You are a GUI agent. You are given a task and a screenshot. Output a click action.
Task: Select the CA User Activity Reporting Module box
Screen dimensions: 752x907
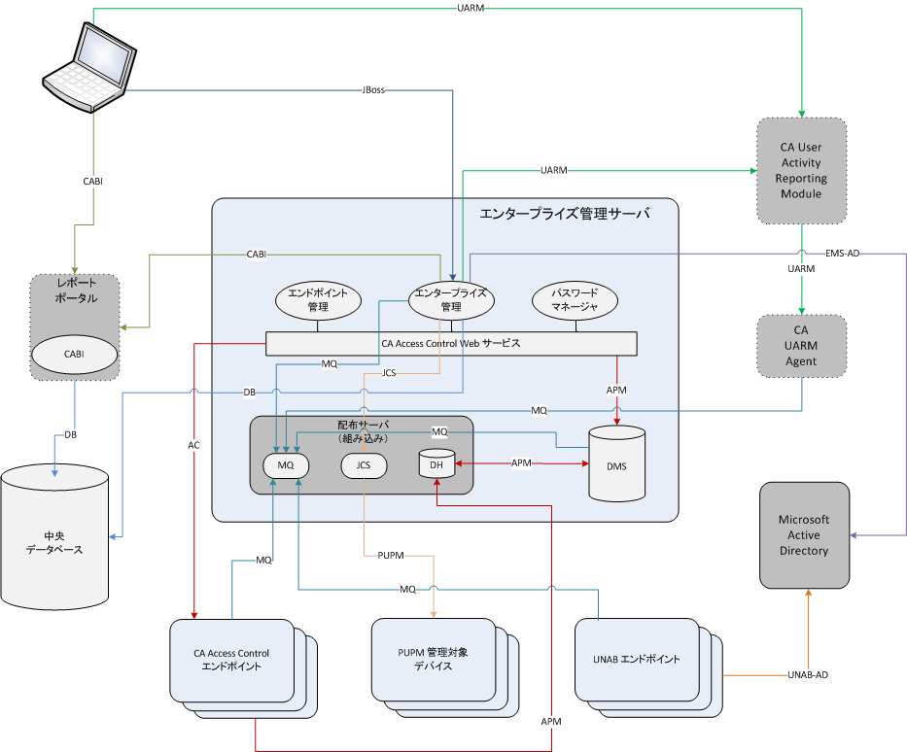click(x=801, y=171)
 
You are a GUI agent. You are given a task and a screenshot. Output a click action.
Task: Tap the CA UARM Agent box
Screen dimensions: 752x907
click(x=801, y=345)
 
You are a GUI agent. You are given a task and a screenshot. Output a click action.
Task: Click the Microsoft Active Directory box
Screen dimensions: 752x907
click(x=803, y=534)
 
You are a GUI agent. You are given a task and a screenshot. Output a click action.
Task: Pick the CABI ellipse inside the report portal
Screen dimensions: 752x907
click(x=75, y=355)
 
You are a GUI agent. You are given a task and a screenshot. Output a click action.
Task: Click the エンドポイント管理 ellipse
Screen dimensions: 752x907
click(x=318, y=299)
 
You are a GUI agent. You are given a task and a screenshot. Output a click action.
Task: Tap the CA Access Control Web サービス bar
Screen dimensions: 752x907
click(x=451, y=343)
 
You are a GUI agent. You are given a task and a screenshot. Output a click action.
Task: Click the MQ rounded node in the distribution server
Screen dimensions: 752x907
click(x=286, y=466)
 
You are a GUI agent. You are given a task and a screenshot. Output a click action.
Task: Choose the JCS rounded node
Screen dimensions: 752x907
click(x=364, y=466)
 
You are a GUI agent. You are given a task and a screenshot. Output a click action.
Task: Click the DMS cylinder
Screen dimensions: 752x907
click(x=616, y=464)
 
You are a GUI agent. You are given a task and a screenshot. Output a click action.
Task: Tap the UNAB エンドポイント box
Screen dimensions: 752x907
click(x=637, y=659)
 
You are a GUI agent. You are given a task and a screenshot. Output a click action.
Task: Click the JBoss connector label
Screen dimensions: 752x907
click(x=373, y=90)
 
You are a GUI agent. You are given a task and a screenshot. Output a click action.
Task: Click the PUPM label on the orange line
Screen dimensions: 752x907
click(x=388, y=555)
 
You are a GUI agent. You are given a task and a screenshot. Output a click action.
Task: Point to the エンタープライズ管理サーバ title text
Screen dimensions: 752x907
click(x=565, y=213)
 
